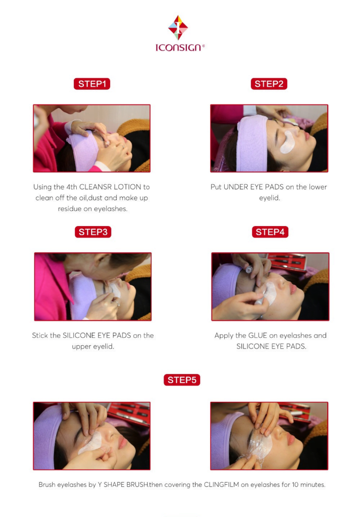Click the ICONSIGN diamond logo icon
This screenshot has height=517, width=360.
pos(178,28)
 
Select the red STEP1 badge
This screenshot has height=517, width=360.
pos(92,84)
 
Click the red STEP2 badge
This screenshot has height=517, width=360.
pos(269,84)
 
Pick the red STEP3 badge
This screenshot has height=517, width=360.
pos(93,232)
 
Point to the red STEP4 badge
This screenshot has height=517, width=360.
pos(270,232)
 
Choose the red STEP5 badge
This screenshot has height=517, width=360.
pos(182,380)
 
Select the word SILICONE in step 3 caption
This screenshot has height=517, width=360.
pos(79,335)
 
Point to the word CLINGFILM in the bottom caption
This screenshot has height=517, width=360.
pos(222,485)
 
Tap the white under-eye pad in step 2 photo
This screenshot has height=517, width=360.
pos(288,142)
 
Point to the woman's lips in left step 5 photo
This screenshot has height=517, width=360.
pos(122,441)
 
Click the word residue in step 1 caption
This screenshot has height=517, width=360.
pos(70,209)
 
